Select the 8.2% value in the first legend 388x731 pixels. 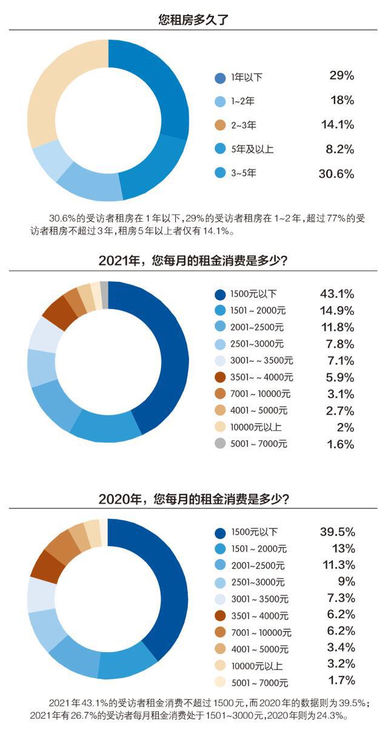[x=337, y=149]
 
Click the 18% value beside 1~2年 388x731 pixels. [x=342, y=100]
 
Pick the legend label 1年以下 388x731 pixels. [x=247, y=78]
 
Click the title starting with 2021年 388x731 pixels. [x=193, y=261]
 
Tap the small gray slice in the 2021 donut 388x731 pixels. [x=104, y=287]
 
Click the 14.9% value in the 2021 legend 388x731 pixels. [x=336, y=311]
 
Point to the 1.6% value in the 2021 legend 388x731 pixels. [x=340, y=444]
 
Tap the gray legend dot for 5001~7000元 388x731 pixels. [x=220, y=444]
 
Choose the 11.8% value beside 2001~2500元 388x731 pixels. [x=336, y=327]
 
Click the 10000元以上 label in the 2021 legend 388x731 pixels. [x=255, y=427]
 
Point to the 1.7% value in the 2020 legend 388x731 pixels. [x=341, y=680]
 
